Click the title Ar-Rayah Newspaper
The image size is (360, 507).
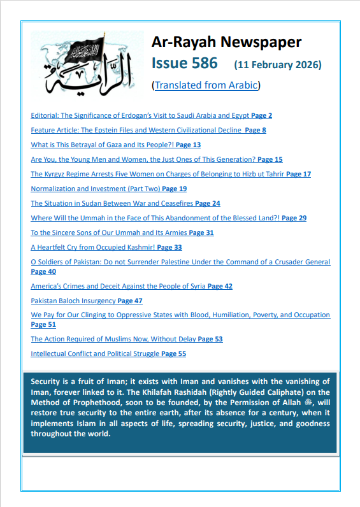pos(226,43)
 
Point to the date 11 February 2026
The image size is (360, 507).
pos(278,65)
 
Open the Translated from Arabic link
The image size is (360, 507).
pos(206,85)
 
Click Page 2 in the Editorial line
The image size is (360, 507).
pos(261,116)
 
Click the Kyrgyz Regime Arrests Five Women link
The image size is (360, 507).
pos(157,174)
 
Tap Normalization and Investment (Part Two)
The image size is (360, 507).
pos(96,189)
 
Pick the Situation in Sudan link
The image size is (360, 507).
pos(112,204)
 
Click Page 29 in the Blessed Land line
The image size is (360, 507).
pos(294,218)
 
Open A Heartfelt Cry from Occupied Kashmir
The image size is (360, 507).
pos(92,247)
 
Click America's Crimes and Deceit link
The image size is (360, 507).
pos(118,287)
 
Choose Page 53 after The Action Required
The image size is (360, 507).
pos(210,339)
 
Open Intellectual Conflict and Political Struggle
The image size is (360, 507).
pos(95,354)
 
